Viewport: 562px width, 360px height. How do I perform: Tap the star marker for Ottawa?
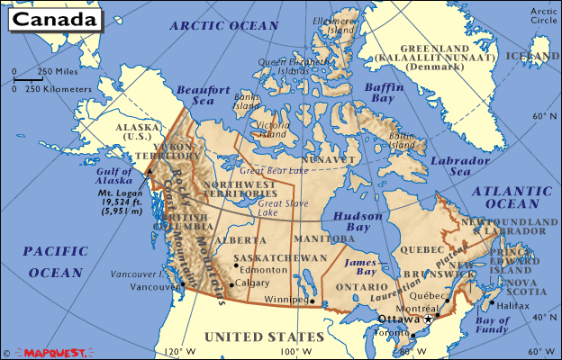(430, 319)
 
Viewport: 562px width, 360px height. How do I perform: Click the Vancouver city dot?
(183, 285)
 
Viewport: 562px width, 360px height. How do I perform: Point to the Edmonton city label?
(264, 267)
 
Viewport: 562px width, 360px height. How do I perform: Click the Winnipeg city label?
(286, 301)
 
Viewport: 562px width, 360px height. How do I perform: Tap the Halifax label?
(513, 305)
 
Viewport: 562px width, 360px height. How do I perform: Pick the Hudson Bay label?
(358, 222)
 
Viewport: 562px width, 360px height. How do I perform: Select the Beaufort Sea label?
(198, 96)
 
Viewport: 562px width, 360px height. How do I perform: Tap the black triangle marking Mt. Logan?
(147, 169)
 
